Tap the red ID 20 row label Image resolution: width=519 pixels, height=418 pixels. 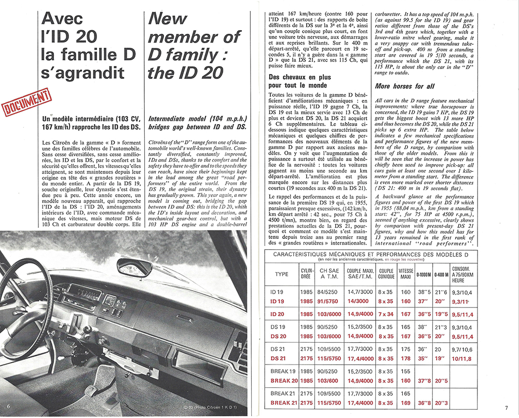click(x=278, y=314)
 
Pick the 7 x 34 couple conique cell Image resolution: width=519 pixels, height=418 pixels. click(x=386, y=314)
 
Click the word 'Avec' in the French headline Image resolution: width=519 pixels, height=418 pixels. click(x=62, y=19)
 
